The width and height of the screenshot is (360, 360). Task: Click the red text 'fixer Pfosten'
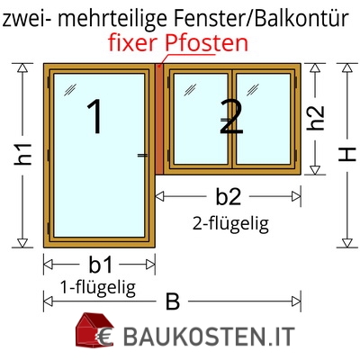[x=178, y=43]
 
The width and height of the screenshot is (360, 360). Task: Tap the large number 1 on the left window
[x=95, y=116]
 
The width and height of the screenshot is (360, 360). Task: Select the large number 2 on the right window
[x=231, y=116]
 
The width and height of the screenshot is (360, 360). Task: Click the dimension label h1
[x=22, y=154]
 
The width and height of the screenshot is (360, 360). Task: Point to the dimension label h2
[x=315, y=118]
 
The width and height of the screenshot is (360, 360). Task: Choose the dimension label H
[x=347, y=155]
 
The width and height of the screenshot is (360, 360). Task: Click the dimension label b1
[x=100, y=265]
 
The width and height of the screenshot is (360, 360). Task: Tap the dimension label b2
[x=229, y=197]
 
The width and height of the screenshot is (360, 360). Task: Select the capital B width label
[x=173, y=301]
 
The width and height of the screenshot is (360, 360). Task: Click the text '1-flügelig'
[x=98, y=288]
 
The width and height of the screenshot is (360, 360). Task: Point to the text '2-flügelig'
[x=230, y=223]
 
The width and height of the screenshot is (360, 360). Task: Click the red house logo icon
[x=94, y=330]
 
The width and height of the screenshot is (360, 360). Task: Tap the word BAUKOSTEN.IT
[x=209, y=337]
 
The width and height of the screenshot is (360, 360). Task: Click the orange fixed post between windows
[x=159, y=119]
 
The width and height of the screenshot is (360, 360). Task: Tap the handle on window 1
[x=142, y=155]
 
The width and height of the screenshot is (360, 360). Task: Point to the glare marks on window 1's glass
[x=70, y=90]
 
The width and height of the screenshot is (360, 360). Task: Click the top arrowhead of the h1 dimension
[x=22, y=67]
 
